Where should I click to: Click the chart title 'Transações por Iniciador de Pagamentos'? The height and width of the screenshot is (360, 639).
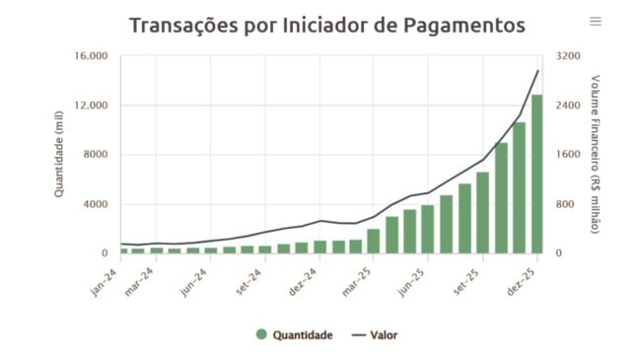(326, 25)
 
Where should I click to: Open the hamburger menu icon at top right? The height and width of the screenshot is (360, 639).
(595, 22)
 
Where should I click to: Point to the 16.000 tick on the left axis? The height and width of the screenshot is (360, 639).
(91, 56)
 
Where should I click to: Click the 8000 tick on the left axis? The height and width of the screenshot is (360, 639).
(96, 155)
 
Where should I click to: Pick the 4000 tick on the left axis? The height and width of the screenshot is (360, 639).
(96, 204)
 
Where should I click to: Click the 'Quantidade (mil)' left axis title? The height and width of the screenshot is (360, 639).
(59, 155)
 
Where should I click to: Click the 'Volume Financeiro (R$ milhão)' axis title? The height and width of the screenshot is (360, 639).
(596, 154)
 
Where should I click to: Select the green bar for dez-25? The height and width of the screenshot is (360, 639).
(537, 175)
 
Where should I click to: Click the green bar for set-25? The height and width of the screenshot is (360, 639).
(482, 213)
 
